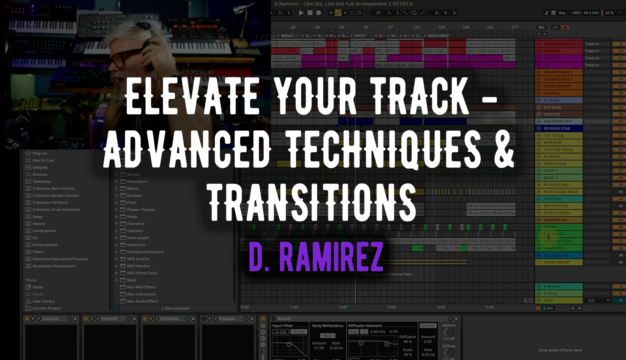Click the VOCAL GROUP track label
[556, 262]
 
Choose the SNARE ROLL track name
[555, 248]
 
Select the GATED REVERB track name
[557, 86]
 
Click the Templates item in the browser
[42, 181]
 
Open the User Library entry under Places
[43, 301]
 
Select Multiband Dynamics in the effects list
[145, 252]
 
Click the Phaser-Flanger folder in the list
[141, 209]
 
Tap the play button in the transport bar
[301, 13]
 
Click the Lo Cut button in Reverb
[280, 332]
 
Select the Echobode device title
[169, 318]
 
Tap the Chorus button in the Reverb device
[428, 326]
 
